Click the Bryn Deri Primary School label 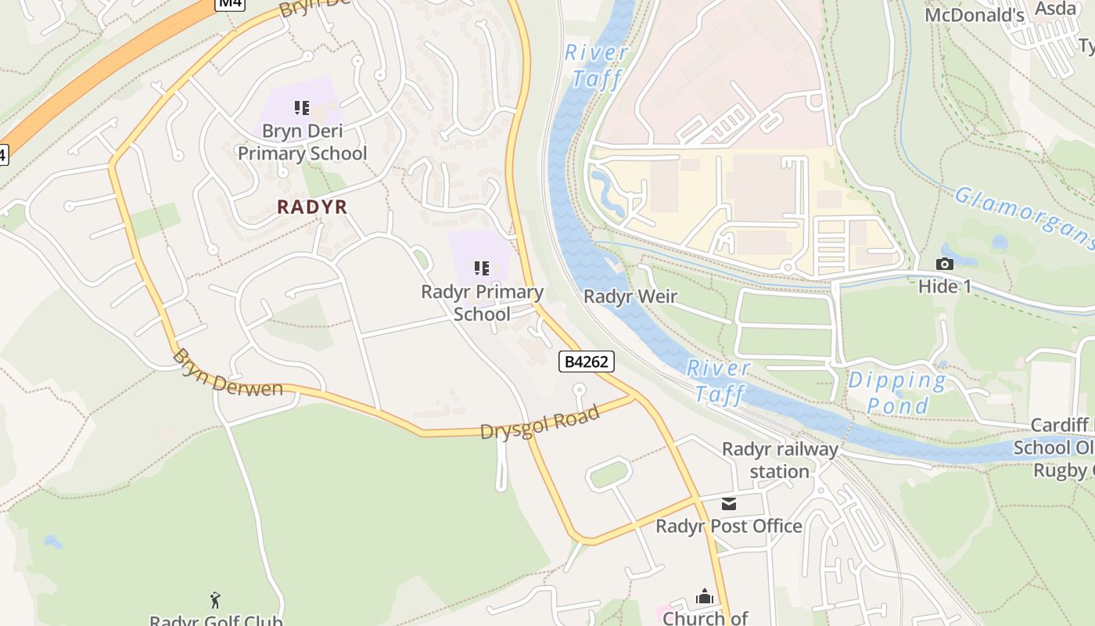pyautogui.click(x=302, y=142)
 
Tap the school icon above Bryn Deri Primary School pyautogui.click(x=302, y=108)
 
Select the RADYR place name pyautogui.click(x=311, y=207)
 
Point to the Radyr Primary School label pyautogui.click(x=482, y=303)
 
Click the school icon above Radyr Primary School pyautogui.click(x=482, y=269)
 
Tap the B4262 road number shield pyautogui.click(x=587, y=362)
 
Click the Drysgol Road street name pyautogui.click(x=540, y=422)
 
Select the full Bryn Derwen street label pyautogui.click(x=227, y=373)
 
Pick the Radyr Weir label pyautogui.click(x=630, y=297)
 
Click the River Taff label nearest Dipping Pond pyautogui.click(x=719, y=381)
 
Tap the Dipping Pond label pyautogui.click(x=897, y=393)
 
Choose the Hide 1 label pyautogui.click(x=945, y=286)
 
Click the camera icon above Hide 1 pyautogui.click(x=945, y=264)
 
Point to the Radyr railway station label pyautogui.click(x=780, y=460)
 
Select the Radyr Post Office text pyautogui.click(x=729, y=526)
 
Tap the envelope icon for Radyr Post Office pyautogui.click(x=729, y=504)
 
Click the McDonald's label pyautogui.click(x=974, y=16)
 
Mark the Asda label pyautogui.click(x=1055, y=9)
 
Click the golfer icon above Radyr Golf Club pyautogui.click(x=216, y=600)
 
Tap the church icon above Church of pyautogui.click(x=705, y=597)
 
